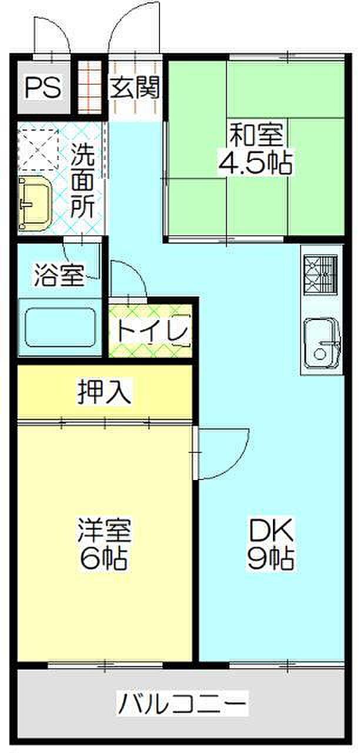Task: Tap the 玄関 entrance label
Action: coord(135,88)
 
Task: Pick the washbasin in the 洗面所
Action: coord(35,204)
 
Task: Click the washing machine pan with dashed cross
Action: coord(38,150)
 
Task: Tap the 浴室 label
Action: coord(58,275)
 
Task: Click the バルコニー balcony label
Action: coord(182,702)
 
